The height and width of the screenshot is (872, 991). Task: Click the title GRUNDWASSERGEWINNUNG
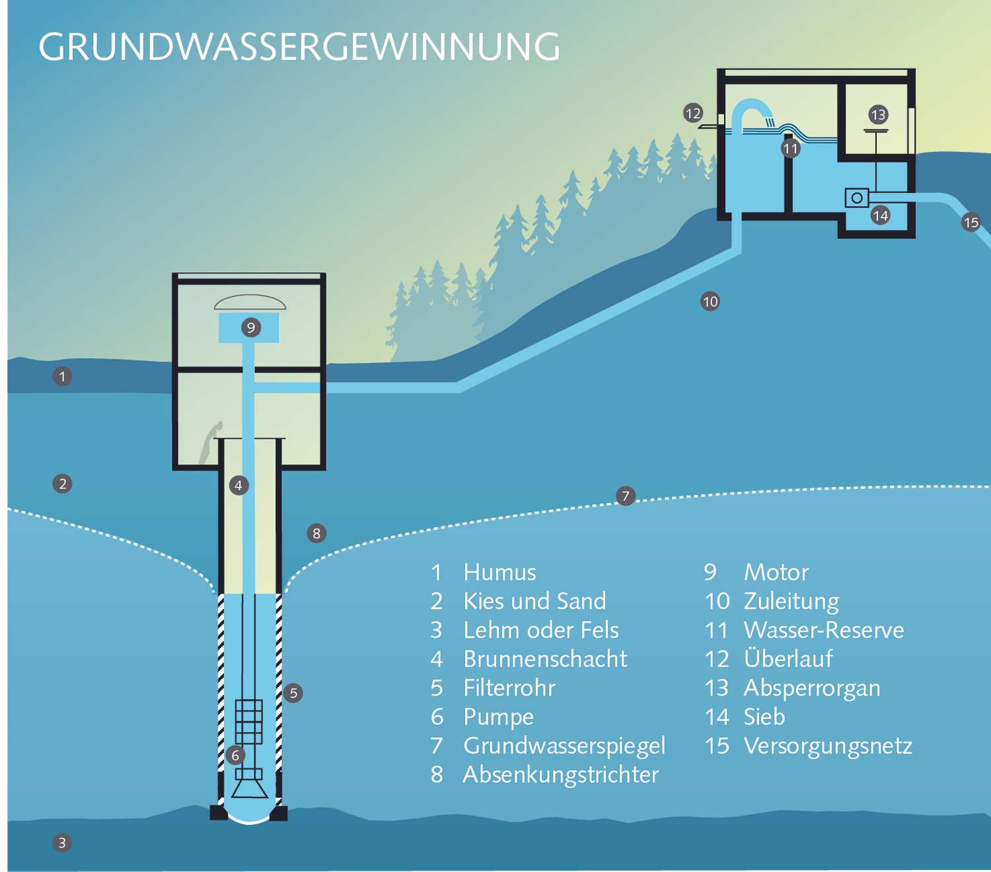[x=299, y=47]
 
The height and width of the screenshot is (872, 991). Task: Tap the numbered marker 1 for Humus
[x=62, y=377]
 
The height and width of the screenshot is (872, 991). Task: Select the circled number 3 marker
[x=62, y=842]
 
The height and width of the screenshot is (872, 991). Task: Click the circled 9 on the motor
[x=250, y=327]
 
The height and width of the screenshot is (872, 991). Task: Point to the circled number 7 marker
[x=626, y=495]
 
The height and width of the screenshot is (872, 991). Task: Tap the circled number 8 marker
[x=316, y=533]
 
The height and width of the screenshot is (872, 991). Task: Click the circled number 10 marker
[x=710, y=302]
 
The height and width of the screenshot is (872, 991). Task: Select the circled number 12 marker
[x=692, y=113]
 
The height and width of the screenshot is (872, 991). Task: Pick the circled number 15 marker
[x=971, y=223]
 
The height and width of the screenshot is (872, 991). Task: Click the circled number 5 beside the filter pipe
[x=293, y=693]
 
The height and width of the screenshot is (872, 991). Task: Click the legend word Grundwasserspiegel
[x=564, y=745]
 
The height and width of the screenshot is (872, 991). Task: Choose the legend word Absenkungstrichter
[x=561, y=774]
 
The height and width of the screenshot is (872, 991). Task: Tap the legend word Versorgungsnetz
[x=828, y=745]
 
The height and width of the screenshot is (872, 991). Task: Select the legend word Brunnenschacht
[x=545, y=659]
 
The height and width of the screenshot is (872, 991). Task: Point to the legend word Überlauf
[x=788, y=659]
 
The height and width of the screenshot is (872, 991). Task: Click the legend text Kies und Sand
[x=534, y=600]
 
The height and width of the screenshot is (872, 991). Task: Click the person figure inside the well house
[x=211, y=443]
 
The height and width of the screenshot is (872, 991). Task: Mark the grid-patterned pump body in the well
[x=249, y=721]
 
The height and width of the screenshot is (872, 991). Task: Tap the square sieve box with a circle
[x=857, y=198]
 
